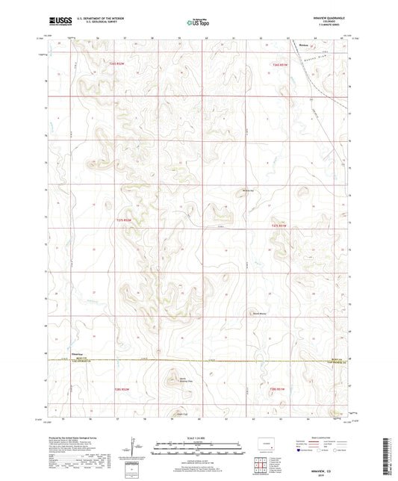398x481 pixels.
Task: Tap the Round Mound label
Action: tap(258, 313)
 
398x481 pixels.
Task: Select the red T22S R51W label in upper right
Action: tap(279, 63)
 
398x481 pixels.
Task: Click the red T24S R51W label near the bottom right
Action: tap(279, 388)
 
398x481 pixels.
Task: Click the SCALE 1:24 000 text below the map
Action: tap(199, 438)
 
